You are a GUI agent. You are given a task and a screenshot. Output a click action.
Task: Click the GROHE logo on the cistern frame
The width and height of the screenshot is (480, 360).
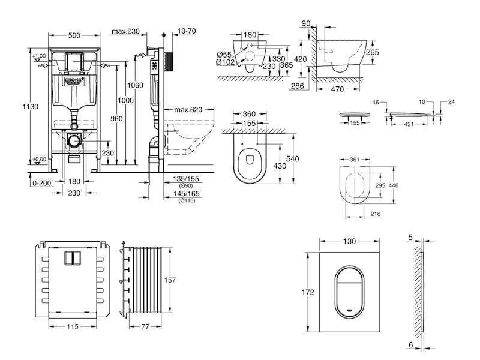tap(74, 80)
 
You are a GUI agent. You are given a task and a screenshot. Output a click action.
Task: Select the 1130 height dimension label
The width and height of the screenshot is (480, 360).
tap(31, 107)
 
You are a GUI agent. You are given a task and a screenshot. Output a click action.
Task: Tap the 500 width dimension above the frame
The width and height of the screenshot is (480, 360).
tap(74, 35)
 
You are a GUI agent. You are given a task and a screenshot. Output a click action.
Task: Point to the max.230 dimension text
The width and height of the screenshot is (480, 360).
tap(125, 31)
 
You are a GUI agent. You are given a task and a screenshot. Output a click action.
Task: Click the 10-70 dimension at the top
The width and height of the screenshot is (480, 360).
tap(187, 31)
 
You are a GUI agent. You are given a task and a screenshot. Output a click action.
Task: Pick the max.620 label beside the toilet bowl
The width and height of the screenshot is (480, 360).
tap(188, 110)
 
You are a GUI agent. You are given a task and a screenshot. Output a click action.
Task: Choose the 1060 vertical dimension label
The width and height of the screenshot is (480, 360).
tap(135, 85)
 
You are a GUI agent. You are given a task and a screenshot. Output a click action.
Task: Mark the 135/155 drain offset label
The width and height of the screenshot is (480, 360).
tap(186, 179)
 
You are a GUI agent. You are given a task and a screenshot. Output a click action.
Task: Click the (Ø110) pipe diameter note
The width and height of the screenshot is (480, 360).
tap(187, 200)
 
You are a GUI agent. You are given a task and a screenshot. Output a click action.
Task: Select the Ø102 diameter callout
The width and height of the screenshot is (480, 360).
tap(226, 62)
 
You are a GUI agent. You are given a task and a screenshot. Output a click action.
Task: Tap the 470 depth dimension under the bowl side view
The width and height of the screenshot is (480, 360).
tap(338, 89)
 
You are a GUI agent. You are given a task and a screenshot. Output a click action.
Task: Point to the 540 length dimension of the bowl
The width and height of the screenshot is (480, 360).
tap(292, 158)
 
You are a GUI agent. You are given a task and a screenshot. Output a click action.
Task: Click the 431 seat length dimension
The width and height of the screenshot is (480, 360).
tap(409, 124)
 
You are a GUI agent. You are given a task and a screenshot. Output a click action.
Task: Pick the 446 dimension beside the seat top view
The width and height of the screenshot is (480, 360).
tap(394, 185)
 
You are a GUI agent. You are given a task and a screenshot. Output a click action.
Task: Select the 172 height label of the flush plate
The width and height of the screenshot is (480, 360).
tap(308, 292)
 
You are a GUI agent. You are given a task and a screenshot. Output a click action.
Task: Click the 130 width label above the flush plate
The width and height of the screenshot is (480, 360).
tap(349, 241)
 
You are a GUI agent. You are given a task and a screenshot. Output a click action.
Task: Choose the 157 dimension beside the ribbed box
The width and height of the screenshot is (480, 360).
tap(170, 280)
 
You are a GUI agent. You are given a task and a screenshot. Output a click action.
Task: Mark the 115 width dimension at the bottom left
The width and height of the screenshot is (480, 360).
tap(73, 326)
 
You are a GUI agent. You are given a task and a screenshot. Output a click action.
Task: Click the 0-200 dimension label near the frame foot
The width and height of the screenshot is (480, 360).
tap(41, 183)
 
